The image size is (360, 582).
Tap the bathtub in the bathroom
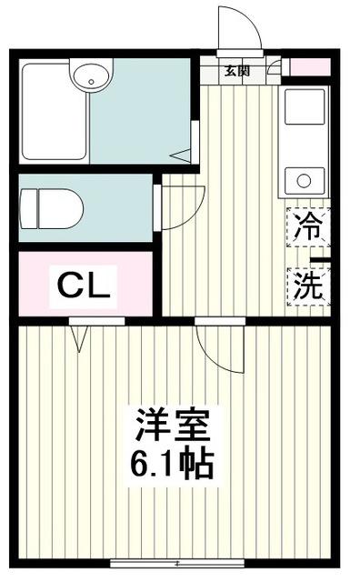53,109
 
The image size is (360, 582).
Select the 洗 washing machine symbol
306,287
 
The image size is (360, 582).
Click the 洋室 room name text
173,426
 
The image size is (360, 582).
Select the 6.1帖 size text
173,466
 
